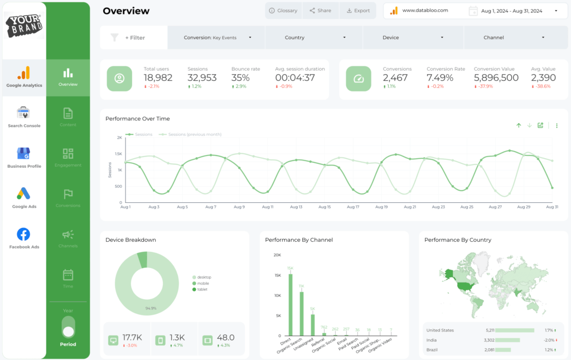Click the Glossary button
pos(283,11)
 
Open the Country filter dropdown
pos(314,38)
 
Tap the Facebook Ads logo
pos(23,234)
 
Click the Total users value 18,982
pos(158,78)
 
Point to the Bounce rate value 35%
pos(240,78)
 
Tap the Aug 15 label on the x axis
pos(324,207)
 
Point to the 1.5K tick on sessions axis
pos(118,154)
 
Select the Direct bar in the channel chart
pos(291,304)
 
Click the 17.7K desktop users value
pos(133,337)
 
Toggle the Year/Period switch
pos(68,327)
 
